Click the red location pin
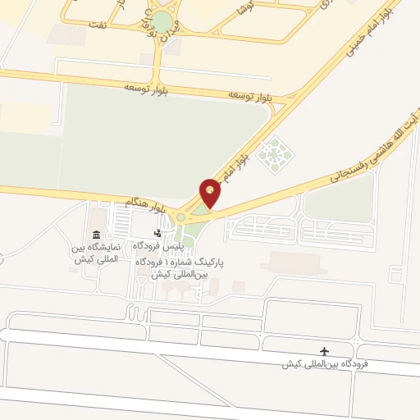211,193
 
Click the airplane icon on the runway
325,351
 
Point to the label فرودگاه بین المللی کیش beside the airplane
325,363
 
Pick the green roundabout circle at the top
163,22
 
